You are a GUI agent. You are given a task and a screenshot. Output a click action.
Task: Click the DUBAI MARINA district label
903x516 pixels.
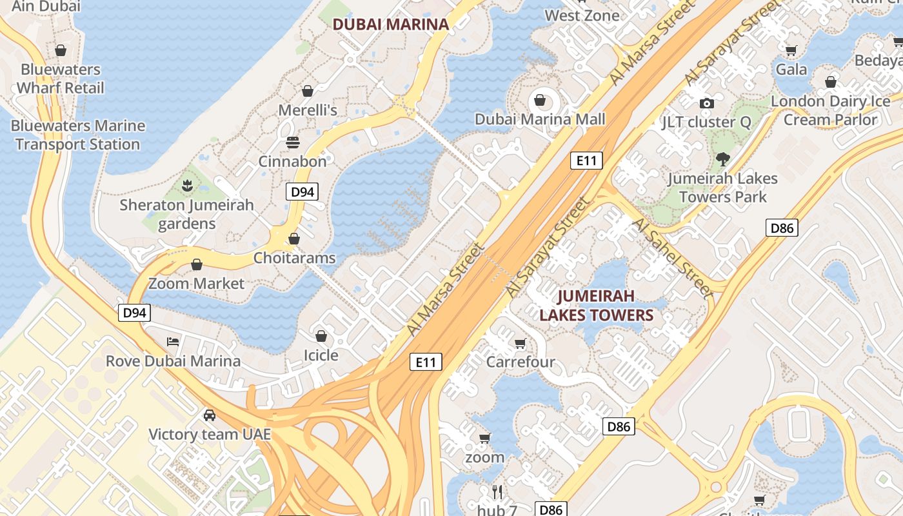click(390, 25)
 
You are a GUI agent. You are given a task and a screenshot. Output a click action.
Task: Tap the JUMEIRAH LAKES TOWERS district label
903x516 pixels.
click(597, 305)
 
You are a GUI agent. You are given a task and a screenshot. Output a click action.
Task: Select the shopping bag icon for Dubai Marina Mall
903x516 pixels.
click(539, 100)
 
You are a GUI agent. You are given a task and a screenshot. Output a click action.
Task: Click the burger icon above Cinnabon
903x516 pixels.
click(293, 142)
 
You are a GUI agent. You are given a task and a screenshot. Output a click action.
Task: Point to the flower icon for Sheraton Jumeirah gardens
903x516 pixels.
click(187, 186)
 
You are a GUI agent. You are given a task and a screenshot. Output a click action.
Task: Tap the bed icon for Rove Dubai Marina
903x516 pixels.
click(173, 341)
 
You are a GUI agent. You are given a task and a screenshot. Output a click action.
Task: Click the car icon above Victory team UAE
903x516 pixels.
click(210, 415)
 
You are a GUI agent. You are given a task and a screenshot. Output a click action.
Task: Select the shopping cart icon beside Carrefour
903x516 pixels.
click(521, 343)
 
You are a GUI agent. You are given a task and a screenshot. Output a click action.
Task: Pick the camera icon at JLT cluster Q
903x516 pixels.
click(706, 103)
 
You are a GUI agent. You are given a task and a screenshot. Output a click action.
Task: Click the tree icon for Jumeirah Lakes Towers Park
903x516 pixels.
click(722, 159)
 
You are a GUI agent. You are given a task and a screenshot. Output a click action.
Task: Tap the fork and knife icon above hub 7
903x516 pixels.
click(497, 492)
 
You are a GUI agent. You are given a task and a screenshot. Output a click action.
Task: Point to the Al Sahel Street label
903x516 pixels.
click(673, 257)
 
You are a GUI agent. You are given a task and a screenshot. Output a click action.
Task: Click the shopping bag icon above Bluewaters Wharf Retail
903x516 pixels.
click(61, 50)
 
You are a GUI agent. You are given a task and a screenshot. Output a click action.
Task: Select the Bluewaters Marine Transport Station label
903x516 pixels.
click(77, 135)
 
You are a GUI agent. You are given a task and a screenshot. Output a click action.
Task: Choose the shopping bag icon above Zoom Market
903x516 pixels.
click(197, 264)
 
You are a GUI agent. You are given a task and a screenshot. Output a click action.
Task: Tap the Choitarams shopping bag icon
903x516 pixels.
click(294, 239)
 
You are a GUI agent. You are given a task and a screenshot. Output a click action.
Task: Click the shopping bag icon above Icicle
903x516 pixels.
click(321, 336)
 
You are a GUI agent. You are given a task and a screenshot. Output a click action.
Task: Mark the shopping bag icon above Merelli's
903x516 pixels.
click(308, 91)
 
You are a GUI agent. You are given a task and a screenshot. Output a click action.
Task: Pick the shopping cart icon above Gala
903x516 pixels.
click(791, 50)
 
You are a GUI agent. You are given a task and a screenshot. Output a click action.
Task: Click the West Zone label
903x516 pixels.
click(582, 15)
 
